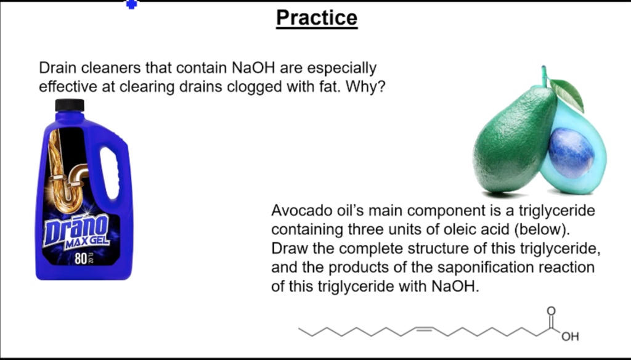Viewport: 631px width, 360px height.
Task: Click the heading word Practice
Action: coord(316,17)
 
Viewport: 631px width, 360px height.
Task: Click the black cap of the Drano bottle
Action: coord(69,105)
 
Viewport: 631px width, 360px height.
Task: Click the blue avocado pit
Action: coord(571,152)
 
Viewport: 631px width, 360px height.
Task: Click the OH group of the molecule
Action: coord(570,337)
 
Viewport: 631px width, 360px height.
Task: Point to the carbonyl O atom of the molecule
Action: coord(551,311)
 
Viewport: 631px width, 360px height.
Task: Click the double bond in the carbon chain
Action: coord(424,329)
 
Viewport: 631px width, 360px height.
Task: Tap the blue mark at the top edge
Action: coord(131,4)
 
